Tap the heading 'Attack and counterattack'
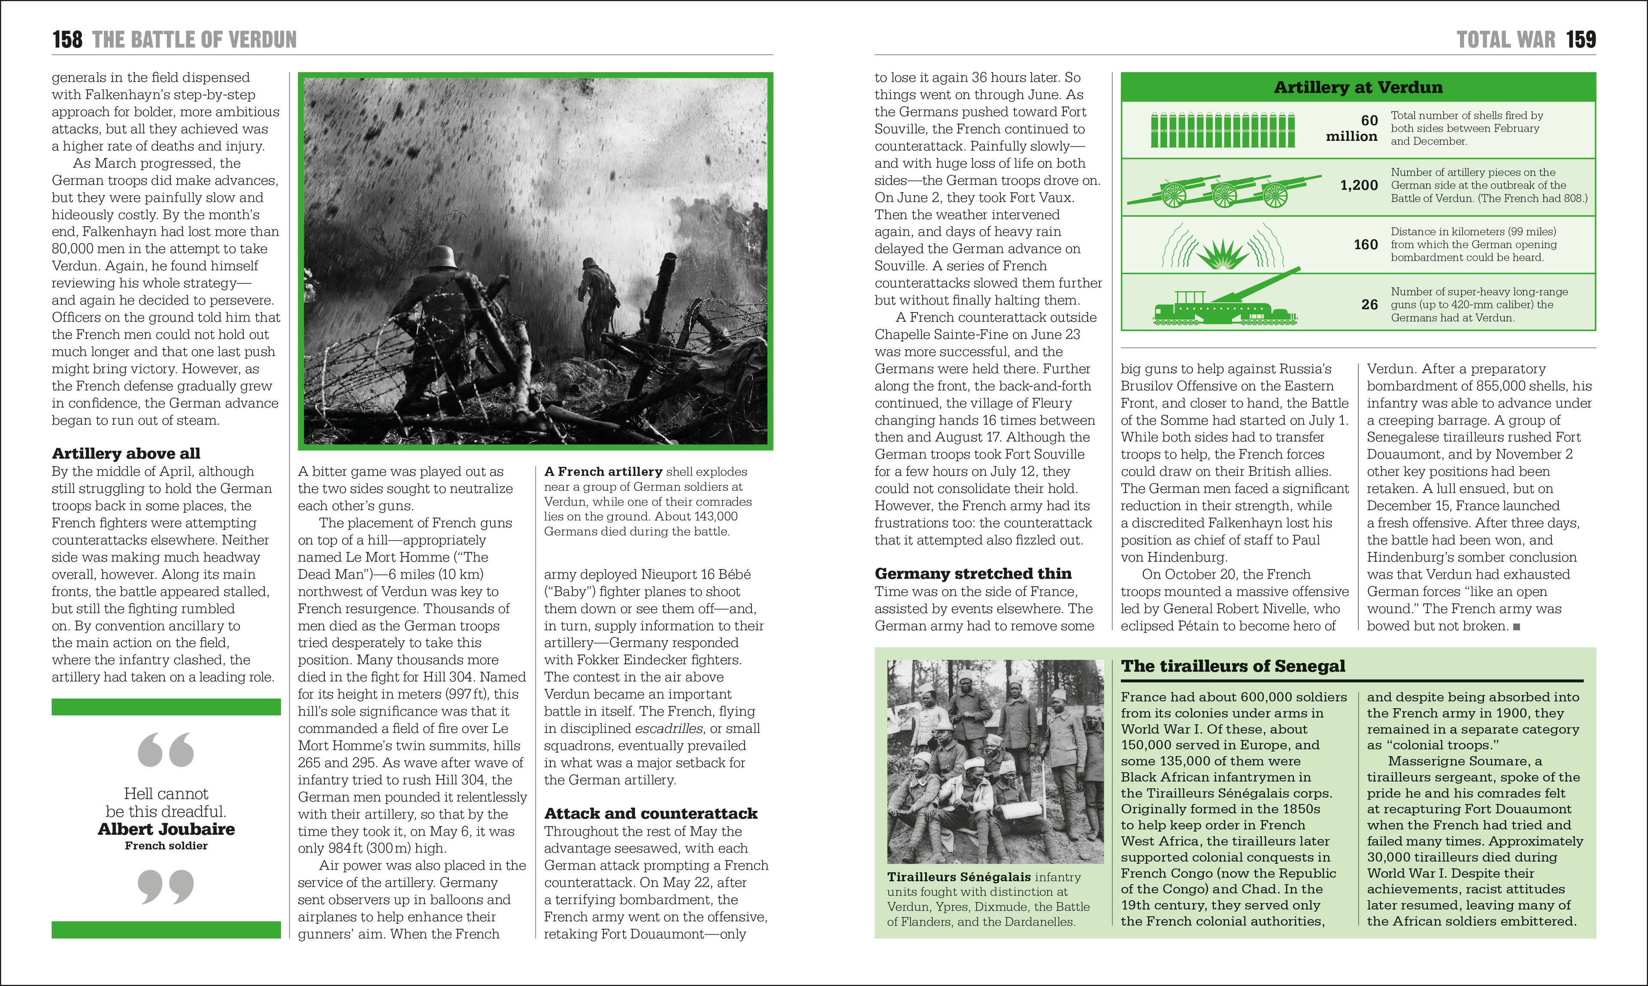651,813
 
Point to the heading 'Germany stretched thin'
973,573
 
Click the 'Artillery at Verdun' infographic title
1358,87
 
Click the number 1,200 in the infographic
1358,186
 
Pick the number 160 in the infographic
1365,244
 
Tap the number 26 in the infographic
1369,304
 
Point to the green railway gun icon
1225,304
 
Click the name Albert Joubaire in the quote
166,829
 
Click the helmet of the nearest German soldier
441,256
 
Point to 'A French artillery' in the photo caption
603,472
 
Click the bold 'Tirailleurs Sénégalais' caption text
959,877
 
